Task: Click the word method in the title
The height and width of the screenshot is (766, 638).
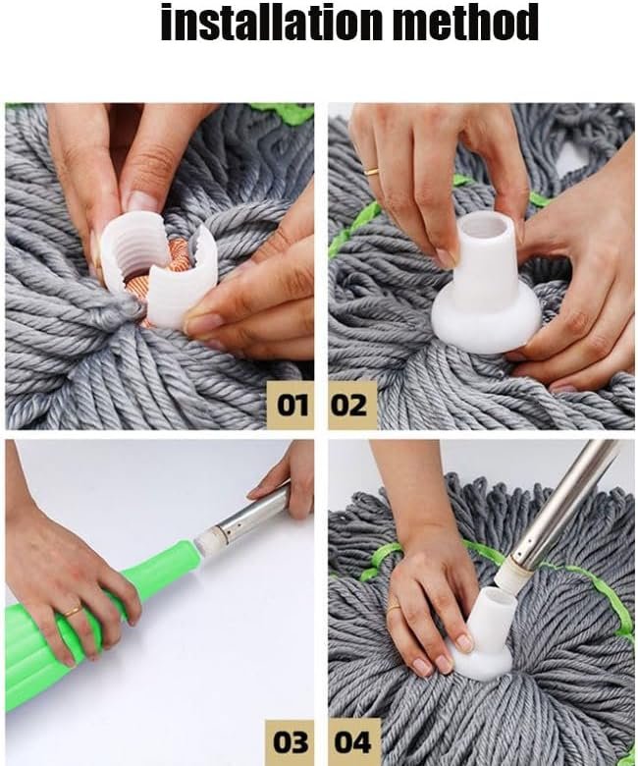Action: (466, 22)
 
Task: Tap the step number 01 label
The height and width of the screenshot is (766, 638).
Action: (291, 406)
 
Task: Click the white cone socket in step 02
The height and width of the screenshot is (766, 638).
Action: (486, 285)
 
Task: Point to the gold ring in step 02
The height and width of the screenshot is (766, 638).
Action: (373, 171)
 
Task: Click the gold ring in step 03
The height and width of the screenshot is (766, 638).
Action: (75, 611)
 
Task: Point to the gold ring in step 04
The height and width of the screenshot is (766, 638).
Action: (394, 606)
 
